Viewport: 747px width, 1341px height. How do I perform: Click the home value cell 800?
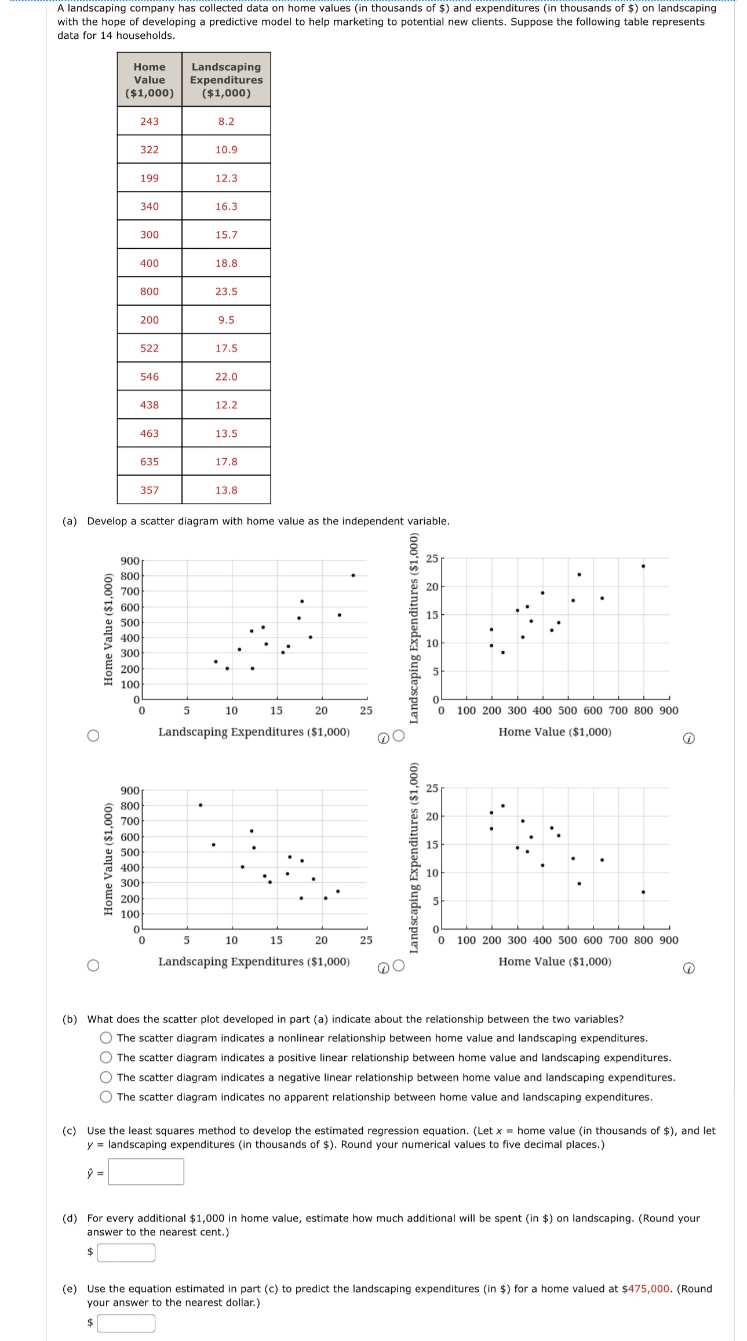150,291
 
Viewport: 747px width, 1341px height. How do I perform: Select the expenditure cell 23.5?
226,291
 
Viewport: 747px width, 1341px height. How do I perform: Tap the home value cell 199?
150,178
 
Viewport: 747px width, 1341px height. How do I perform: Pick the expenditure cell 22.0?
226,376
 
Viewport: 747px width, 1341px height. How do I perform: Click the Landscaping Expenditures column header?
226,79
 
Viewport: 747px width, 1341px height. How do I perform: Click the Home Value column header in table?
150,79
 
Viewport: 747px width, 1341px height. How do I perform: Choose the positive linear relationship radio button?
106,1057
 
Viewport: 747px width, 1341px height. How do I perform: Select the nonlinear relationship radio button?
106,1038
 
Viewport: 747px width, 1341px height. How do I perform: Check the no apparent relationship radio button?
106,1097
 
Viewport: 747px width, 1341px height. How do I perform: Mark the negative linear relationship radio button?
106,1077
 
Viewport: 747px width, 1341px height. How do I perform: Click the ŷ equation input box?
146,1172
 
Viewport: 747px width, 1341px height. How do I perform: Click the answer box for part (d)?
126,1252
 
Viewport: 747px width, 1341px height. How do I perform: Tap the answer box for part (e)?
126,1323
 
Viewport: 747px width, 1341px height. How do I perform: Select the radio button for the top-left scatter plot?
93,735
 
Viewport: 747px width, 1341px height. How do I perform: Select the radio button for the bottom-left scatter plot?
93,965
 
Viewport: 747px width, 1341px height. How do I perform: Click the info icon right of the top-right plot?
688,738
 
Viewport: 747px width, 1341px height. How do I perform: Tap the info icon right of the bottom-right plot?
688,968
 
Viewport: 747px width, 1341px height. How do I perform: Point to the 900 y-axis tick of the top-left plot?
130,561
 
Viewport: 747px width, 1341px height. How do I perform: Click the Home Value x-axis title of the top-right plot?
555,732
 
